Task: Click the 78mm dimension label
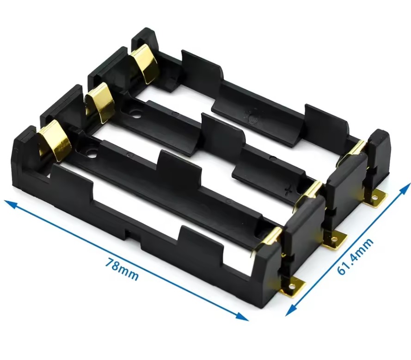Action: (x=122, y=269)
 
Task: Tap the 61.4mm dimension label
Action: (x=355, y=256)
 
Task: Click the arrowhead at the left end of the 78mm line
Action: (x=11, y=203)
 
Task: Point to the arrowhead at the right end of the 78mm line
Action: (x=242, y=317)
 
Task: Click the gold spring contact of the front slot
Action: (x=55, y=140)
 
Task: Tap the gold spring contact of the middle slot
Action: (x=100, y=102)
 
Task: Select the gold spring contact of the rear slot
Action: (x=145, y=64)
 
